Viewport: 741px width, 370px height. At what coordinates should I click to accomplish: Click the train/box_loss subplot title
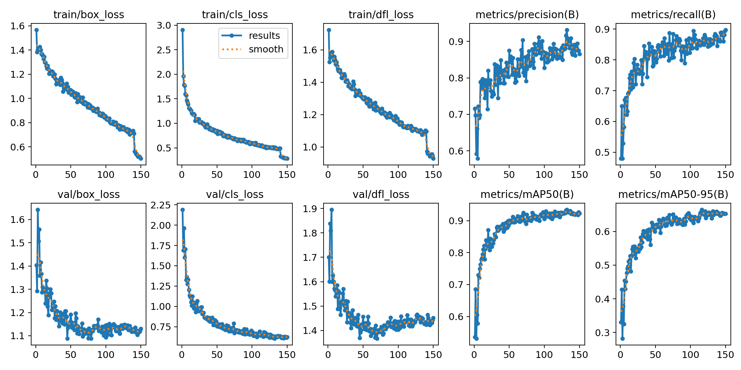pyautogui.click(x=89, y=14)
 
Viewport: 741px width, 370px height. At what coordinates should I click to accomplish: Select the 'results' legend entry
pyautogui.click(x=264, y=36)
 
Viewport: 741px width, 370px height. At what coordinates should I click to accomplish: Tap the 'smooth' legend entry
pyautogui.click(x=266, y=49)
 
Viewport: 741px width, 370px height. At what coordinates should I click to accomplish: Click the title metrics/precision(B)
pyautogui.click(x=527, y=14)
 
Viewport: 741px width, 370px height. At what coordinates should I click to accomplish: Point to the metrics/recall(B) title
pyautogui.click(x=673, y=14)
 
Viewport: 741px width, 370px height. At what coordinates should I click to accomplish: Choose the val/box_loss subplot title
pyautogui.click(x=89, y=194)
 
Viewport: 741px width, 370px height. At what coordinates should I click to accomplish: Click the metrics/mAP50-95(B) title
pyautogui.click(x=673, y=194)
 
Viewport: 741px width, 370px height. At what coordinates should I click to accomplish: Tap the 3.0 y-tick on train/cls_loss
pyautogui.click(x=164, y=25)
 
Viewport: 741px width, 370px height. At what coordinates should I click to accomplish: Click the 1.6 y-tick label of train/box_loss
pyautogui.click(x=18, y=26)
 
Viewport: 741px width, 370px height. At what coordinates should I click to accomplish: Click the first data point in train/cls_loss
pyautogui.click(x=182, y=30)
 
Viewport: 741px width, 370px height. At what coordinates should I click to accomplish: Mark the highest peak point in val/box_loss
pyautogui.click(x=38, y=210)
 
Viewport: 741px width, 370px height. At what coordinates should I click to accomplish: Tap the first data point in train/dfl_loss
pyautogui.click(x=329, y=30)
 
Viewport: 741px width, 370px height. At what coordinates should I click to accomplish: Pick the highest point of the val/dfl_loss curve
pyautogui.click(x=332, y=210)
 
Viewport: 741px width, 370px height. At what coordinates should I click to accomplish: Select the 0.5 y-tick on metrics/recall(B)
pyautogui.click(x=603, y=153)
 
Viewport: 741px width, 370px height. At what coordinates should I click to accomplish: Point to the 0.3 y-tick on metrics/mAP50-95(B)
pyautogui.click(x=603, y=333)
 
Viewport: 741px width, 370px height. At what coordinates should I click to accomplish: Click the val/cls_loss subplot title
pyautogui.click(x=235, y=194)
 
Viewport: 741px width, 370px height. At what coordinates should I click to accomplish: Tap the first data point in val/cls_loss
pyautogui.click(x=182, y=210)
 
